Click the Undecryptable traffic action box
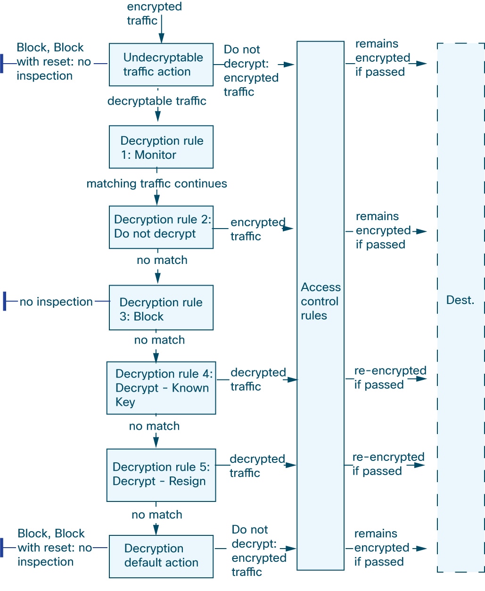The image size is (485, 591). coord(161,65)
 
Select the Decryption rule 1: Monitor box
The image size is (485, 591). coord(161,147)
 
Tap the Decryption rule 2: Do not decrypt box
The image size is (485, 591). coord(161,227)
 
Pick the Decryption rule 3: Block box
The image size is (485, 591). coord(161,307)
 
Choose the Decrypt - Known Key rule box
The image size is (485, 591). coord(161,388)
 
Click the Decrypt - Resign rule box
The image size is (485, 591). coord(161,475)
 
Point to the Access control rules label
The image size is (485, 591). coord(321,301)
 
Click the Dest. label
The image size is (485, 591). coord(460,300)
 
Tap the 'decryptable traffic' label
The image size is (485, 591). coord(156,101)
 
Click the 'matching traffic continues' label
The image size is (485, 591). coord(156,183)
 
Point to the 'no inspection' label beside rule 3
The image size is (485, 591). coord(56,302)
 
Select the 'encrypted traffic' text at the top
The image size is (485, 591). coord(155,14)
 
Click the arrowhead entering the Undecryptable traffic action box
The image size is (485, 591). coord(161,38)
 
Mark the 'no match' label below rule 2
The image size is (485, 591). coord(162,260)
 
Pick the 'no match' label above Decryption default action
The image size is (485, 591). coord(157,515)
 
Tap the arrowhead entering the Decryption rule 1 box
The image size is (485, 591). coord(158,116)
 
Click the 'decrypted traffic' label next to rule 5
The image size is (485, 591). coord(257,466)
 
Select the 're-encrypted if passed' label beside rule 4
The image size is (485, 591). coord(390,378)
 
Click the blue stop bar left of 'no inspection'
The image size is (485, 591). coord(5,301)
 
